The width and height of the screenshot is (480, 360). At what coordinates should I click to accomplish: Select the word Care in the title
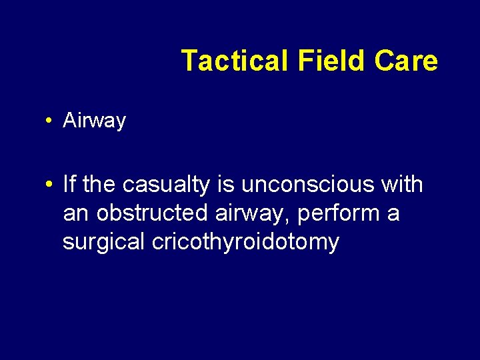(x=406, y=61)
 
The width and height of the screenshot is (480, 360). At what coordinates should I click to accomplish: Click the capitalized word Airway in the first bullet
(x=94, y=121)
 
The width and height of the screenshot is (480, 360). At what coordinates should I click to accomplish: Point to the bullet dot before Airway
(x=49, y=121)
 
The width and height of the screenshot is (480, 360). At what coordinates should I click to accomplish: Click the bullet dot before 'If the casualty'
(x=49, y=185)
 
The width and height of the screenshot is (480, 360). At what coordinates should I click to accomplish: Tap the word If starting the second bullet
(x=69, y=184)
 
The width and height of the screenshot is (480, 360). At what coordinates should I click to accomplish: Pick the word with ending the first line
(x=402, y=184)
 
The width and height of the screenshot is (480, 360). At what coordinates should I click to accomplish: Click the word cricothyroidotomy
(x=245, y=243)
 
